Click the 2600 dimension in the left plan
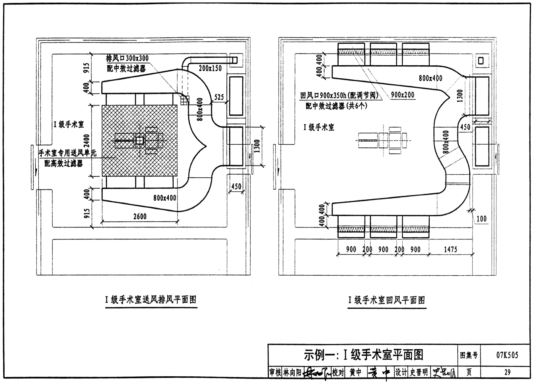[140, 216]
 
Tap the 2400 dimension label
[87, 140]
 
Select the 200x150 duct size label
[210, 68]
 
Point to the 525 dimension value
[219, 97]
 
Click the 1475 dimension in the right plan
[450, 249]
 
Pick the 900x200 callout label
[402, 95]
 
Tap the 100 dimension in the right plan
[481, 219]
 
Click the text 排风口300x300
[127, 58]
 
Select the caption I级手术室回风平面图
[386, 300]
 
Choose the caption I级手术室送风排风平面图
[151, 300]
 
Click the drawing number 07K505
[507, 355]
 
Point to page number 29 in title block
[507, 373]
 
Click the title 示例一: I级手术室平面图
[363, 355]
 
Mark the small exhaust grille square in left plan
[185, 99]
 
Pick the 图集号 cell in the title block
[469, 355]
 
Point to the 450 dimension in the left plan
[236, 186]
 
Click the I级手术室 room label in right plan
[319, 128]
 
